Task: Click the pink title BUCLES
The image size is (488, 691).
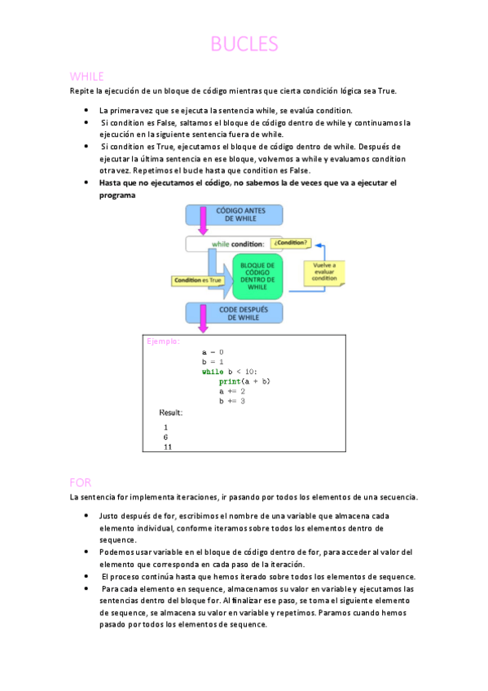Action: click(244, 44)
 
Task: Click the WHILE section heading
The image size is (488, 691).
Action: click(87, 77)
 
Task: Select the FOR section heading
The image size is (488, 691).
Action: click(81, 482)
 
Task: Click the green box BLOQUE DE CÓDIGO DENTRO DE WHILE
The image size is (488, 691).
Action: click(257, 276)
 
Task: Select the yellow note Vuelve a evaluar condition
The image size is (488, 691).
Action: click(324, 272)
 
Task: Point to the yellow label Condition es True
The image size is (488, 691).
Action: click(197, 280)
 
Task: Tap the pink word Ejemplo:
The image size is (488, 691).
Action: click(163, 341)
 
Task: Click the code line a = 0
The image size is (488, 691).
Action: click(213, 352)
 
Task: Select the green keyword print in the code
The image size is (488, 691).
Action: click(229, 381)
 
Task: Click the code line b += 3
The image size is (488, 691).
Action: click(232, 401)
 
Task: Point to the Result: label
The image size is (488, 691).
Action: click(171, 412)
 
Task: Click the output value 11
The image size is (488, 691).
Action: click(167, 447)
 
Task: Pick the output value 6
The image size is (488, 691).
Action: click(165, 437)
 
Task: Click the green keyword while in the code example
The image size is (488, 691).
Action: click(212, 372)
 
